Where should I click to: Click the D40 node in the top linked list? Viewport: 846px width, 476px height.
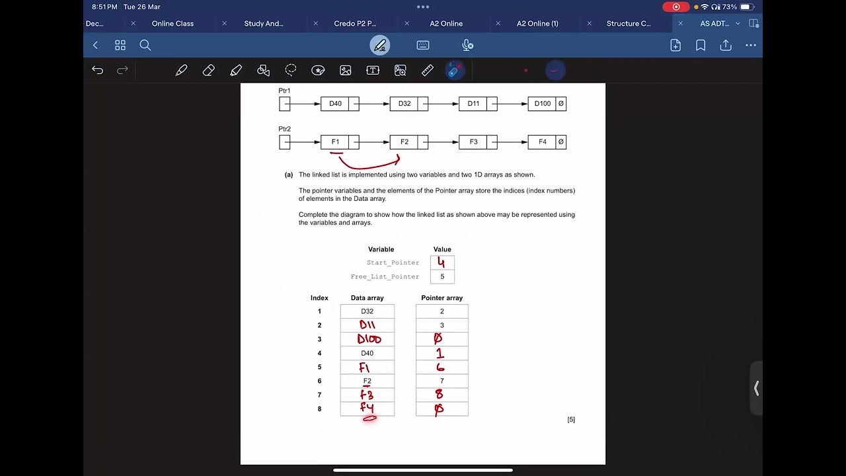pos(335,104)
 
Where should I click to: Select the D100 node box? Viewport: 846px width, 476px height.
pos(542,104)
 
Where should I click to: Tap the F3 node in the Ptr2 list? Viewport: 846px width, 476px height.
pos(473,142)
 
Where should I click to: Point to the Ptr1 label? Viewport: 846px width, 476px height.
pos(284,91)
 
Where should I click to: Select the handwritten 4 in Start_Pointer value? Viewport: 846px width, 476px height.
pos(442,262)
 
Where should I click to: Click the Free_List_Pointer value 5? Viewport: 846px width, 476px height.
pos(442,276)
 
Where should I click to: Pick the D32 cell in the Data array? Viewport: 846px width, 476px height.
pos(367,311)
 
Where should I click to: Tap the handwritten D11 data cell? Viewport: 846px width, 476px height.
pos(367,325)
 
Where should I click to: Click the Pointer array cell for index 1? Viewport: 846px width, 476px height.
pos(442,311)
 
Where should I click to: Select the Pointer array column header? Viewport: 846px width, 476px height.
pos(442,298)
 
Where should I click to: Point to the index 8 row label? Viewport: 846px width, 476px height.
pos(319,409)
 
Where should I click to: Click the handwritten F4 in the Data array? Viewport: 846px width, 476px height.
pos(367,409)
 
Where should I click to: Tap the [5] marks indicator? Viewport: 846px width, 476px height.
pos(571,420)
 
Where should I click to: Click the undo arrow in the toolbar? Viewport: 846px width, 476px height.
pos(98,70)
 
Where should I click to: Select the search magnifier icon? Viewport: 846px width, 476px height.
pos(145,45)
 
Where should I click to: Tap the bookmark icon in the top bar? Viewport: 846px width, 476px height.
pos(701,45)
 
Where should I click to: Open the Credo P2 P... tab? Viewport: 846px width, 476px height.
pos(355,23)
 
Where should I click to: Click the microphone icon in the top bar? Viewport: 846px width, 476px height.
pos(467,45)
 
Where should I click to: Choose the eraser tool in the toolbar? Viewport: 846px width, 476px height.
pos(208,70)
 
